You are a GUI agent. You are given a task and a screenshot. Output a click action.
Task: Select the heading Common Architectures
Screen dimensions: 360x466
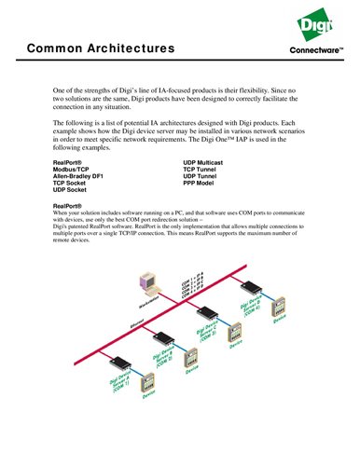[100, 47]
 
